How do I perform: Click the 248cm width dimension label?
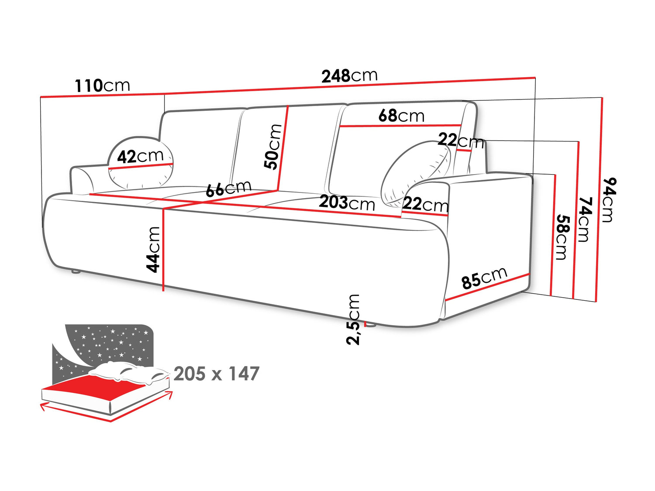(x=349, y=76)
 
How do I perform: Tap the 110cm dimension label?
(x=102, y=86)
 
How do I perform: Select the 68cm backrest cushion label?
(x=401, y=116)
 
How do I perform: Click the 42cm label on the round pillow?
(x=140, y=156)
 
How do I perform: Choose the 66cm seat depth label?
(x=228, y=189)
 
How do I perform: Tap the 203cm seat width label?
(x=347, y=203)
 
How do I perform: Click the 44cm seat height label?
(x=154, y=250)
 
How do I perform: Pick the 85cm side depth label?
(x=484, y=278)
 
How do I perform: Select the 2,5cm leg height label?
(x=353, y=319)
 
